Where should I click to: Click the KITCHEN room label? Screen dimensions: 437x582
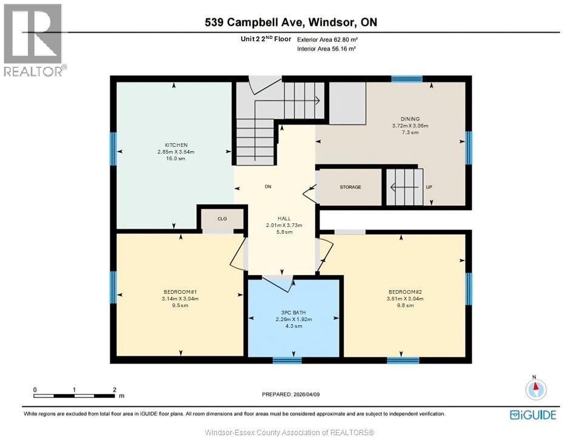pos(175,145)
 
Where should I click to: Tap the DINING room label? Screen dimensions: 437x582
pos(410,119)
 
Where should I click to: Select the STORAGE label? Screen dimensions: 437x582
pos(350,187)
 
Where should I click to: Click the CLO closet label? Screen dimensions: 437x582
pos(222,218)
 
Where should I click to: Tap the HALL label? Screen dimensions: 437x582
pos(284,218)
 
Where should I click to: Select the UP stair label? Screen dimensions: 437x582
pos(429,187)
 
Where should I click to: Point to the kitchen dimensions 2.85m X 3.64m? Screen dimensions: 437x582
pos(175,152)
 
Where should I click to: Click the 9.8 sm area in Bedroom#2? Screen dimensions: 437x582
pos(405,305)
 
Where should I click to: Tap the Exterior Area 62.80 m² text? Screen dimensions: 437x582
pos(326,39)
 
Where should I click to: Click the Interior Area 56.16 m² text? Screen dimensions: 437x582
pos(326,49)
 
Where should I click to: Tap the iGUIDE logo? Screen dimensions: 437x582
pos(533,415)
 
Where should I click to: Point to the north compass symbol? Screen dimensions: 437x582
pos(536,389)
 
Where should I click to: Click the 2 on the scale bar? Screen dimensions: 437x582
pos(114,389)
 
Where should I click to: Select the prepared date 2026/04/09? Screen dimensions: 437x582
pos(290,393)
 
